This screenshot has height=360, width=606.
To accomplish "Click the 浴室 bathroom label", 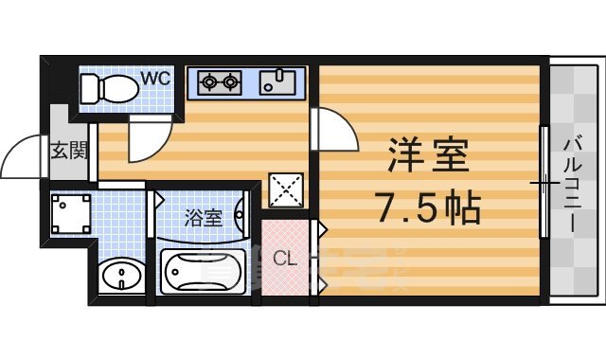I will [x=203, y=218].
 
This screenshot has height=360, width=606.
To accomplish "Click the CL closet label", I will [x=283, y=258].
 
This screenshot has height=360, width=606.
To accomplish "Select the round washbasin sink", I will [x=119, y=278].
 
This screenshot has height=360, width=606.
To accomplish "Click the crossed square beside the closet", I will [x=285, y=189].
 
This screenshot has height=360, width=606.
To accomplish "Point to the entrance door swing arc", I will [x=22, y=157].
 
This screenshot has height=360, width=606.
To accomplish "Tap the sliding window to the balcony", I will [x=544, y=182].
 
